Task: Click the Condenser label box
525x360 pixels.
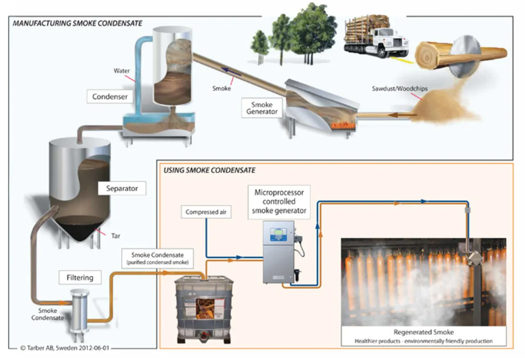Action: click(x=110, y=97)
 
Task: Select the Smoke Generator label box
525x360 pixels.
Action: click(x=262, y=107)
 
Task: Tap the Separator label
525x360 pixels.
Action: click(x=122, y=189)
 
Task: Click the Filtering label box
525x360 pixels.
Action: click(x=80, y=278)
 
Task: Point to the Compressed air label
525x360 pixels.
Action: click(x=205, y=212)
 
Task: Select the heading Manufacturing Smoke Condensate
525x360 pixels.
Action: click(x=78, y=23)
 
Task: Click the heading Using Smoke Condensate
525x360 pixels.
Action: click(x=209, y=170)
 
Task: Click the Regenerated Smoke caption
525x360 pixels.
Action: click(x=423, y=332)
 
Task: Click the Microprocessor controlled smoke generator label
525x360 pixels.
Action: click(x=279, y=201)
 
